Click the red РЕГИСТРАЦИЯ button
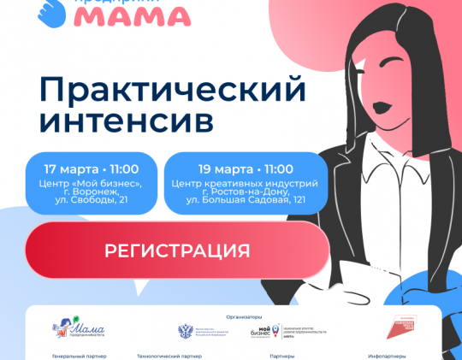tap(177, 251)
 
